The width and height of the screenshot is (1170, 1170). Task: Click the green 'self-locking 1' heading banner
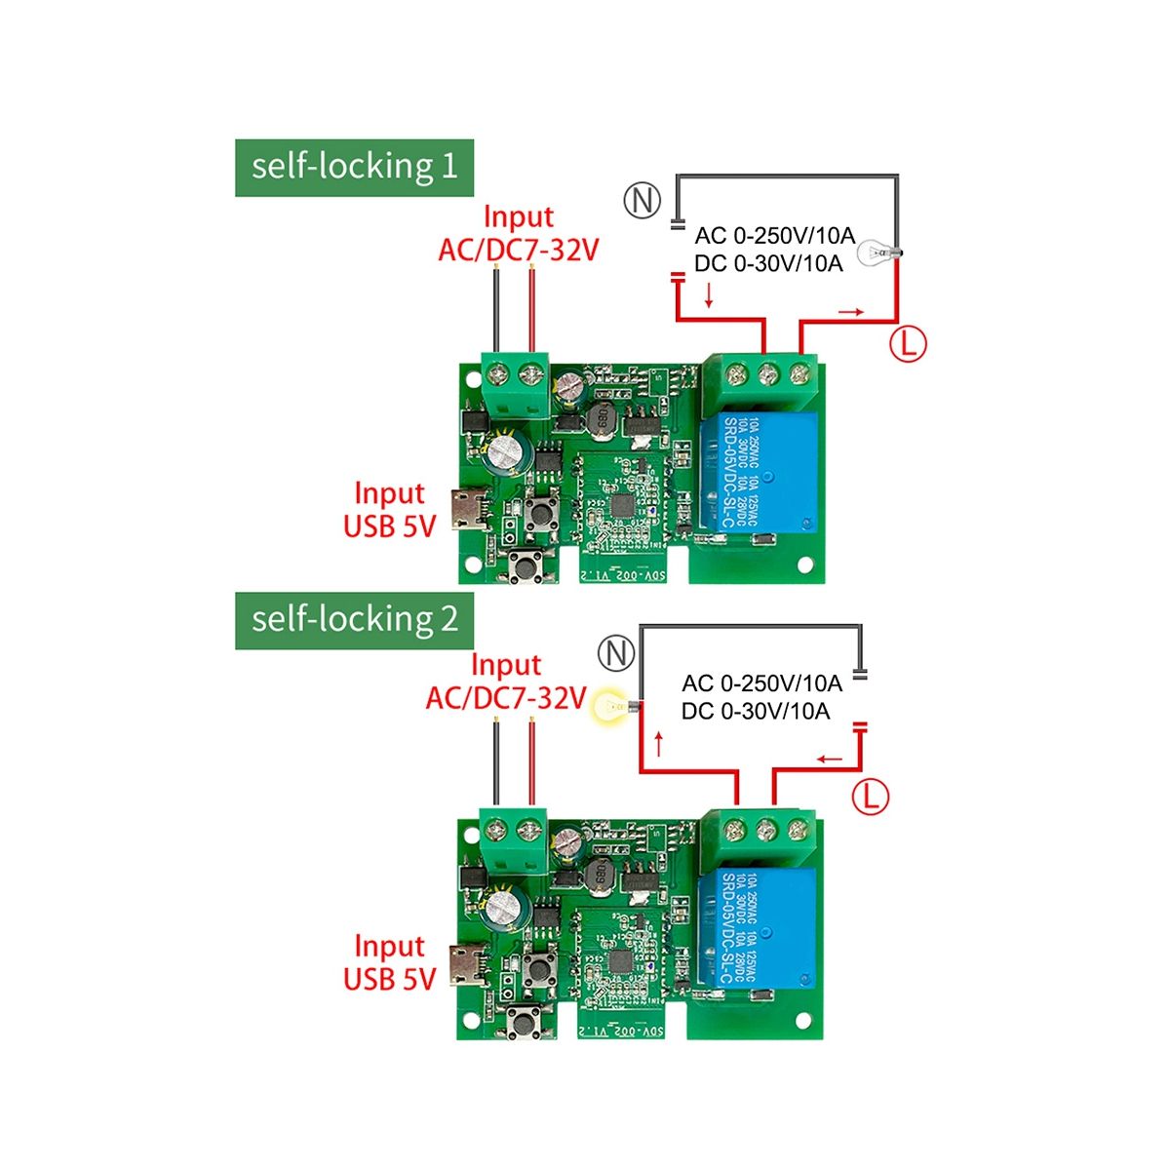click(354, 168)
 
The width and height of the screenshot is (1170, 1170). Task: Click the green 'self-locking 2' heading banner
click(354, 620)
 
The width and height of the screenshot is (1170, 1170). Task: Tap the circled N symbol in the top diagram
click(642, 200)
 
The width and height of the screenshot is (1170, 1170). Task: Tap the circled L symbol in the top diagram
click(908, 343)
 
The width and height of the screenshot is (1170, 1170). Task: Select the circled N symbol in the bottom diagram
click(615, 652)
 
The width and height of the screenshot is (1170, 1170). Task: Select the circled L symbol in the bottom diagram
click(871, 797)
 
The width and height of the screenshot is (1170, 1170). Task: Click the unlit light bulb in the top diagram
click(877, 254)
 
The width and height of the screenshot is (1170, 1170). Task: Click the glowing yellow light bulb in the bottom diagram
click(612, 705)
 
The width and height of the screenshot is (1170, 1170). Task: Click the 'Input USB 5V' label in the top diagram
click(389, 509)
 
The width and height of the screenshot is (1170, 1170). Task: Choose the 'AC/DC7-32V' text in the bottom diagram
click(505, 698)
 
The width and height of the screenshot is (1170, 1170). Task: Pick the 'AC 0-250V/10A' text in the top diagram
click(774, 236)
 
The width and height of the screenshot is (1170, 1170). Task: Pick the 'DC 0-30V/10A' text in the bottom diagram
click(756, 712)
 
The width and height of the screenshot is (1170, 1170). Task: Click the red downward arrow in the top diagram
click(709, 294)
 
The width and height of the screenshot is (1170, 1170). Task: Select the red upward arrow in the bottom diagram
click(659, 744)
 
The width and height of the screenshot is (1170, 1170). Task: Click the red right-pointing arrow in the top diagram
click(850, 312)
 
